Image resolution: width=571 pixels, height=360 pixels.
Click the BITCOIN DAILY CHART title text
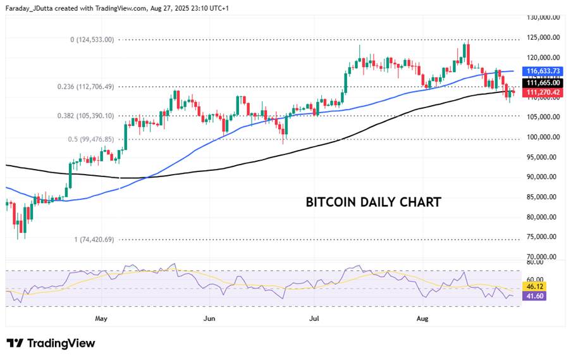373,202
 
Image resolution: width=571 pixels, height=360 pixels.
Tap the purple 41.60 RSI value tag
534,295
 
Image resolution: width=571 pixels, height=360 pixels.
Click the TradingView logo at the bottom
51,343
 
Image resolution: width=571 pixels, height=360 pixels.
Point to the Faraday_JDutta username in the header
32,8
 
